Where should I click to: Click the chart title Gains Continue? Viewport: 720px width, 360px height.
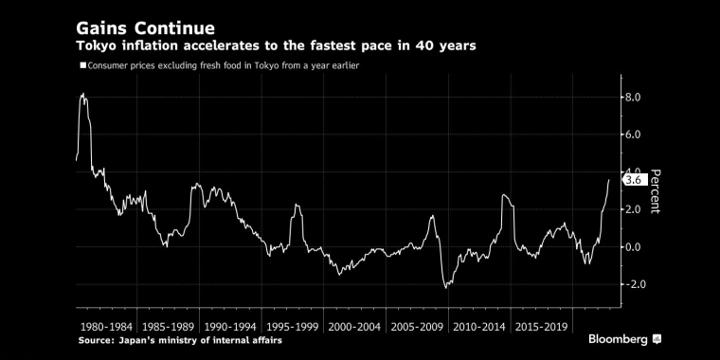click(145, 29)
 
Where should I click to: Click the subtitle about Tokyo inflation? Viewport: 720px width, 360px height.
click(276, 46)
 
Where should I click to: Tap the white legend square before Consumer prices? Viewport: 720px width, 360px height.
click(83, 65)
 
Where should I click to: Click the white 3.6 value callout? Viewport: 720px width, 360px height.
click(634, 180)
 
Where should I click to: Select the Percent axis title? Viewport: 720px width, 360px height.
click(656, 191)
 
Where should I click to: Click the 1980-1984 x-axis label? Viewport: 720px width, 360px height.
click(106, 327)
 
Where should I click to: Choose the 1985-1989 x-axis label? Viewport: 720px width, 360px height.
click(169, 327)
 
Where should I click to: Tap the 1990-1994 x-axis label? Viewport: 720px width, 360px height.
click(230, 327)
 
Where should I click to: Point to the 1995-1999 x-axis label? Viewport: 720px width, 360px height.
click(293, 327)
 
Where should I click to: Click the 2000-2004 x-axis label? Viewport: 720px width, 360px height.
click(355, 327)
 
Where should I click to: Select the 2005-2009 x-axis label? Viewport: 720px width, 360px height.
click(417, 327)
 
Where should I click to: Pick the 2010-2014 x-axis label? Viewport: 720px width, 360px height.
click(479, 327)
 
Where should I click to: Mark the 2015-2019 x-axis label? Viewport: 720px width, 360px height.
click(541, 327)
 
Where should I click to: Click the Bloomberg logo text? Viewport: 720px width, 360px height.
click(618, 340)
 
